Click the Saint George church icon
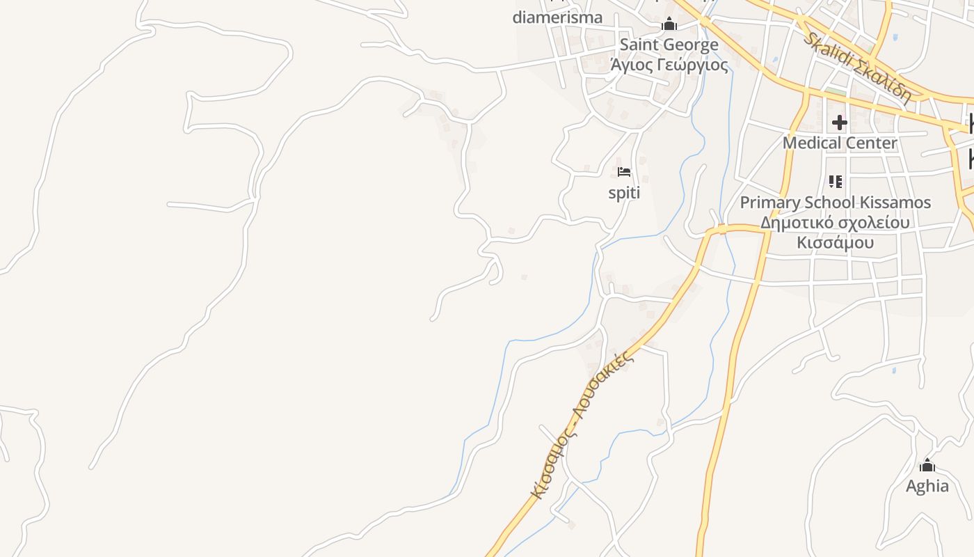pyautogui.click(x=669, y=24)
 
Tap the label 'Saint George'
pyautogui.click(x=669, y=45)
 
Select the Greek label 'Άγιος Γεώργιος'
pyautogui.click(x=669, y=65)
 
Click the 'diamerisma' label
pyautogui.click(x=557, y=17)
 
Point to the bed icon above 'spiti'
pyautogui.click(x=624, y=172)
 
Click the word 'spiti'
pyautogui.click(x=624, y=193)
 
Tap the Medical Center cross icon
pyautogui.click(x=840, y=123)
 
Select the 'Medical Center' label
pyautogui.click(x=840, y=143)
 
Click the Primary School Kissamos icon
pyautogui.click(x=836, y=182)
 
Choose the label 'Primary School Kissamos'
pyautogui.click(x=835, y=203)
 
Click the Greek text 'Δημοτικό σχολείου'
pyautogui.click(x=835, y=223)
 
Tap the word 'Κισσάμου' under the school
pyautogui.click(x=835, y=243)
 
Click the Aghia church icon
pyautogui.click(x=927, y=465)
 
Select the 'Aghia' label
pyautogui.click(x=927, y=486)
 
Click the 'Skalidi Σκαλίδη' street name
pyautogui.click(x=857, y=67)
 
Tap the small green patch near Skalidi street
pyautogui.click(x=835, y=91)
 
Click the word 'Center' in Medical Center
pyautogui.click(x=870, y=143)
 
